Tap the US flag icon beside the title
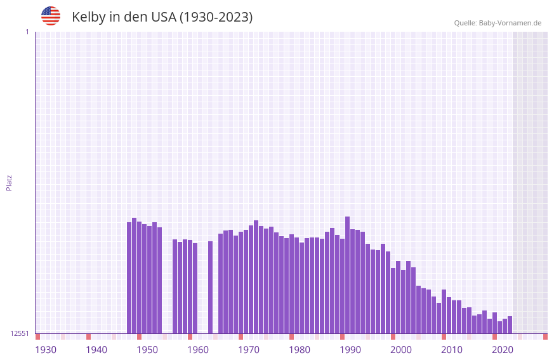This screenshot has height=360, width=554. (51, 16)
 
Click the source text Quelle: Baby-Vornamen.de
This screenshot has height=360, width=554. (498, 23)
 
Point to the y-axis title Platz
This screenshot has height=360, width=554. (9, 182)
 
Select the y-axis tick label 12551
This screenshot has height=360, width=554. (19, 333)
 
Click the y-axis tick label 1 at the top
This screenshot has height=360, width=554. (27, 32)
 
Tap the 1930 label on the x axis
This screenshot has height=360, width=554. (46, 350)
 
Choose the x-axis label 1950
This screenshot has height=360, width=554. (147, 350)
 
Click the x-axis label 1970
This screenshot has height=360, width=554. (249, 350)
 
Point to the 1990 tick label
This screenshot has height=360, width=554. (350, 350)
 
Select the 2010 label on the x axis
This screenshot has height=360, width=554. (452, 350)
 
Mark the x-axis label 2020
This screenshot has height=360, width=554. (503, 350)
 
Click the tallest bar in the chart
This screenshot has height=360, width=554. (347, 274)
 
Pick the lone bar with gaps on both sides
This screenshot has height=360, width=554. (210, 287)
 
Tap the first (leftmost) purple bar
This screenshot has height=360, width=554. (129, 277)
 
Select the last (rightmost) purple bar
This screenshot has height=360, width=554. (510, 324)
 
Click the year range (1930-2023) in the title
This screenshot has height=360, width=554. (216, 17)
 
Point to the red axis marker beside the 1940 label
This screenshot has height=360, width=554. (88, 337)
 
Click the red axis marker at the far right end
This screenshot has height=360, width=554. (545, 337)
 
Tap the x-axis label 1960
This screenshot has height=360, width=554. (198, 350)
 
